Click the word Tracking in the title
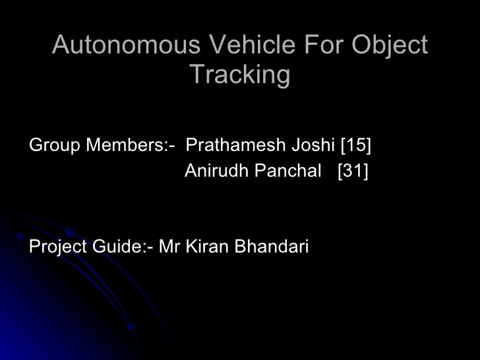pyautogui.click(x=239, y=76)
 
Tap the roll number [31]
pyautogui.click(x=352, y=172)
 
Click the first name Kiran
pyautogui.click(x=200, y=247)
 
